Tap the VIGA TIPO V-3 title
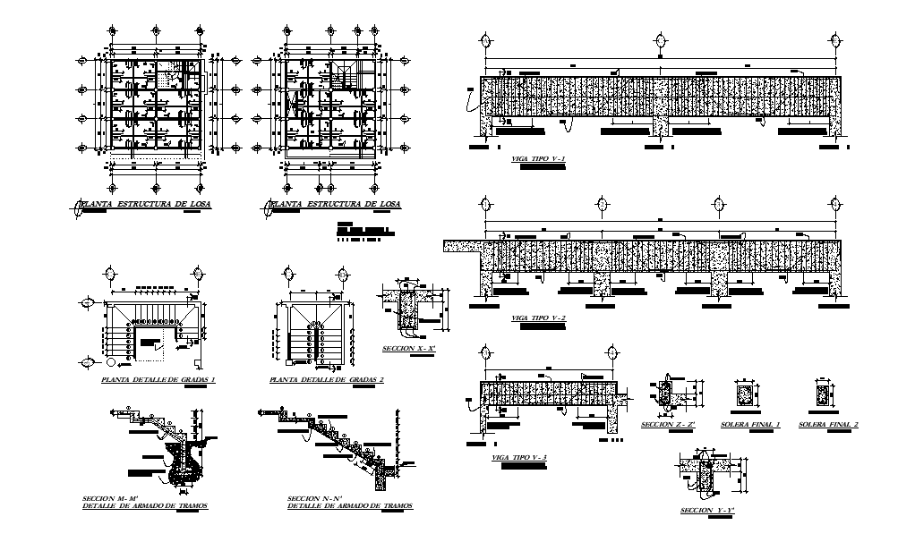[x=518, y=457]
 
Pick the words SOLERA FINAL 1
[x=750, y=425]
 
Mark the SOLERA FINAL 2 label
[x=828, y=425]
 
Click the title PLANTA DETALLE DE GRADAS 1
[x=159, y=380]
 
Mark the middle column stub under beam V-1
[x=661, y=125]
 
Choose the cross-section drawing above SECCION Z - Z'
[x=666, y=394]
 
